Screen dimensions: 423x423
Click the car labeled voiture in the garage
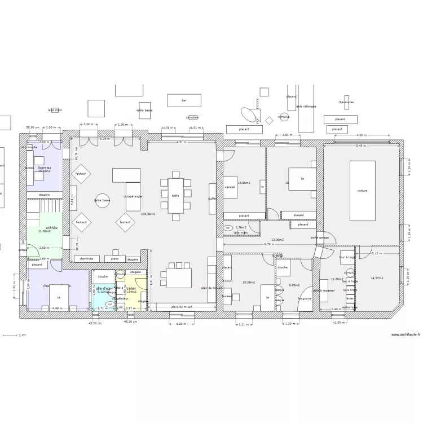362,191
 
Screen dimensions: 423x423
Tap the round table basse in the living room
102,201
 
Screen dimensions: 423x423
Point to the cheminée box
86,259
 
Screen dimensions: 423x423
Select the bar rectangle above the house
184,100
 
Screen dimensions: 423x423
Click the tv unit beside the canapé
262,186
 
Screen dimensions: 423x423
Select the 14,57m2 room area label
377,278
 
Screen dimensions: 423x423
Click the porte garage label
320,237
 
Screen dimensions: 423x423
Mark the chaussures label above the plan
346,102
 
